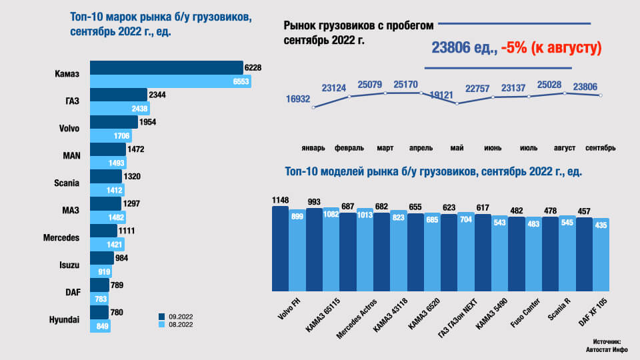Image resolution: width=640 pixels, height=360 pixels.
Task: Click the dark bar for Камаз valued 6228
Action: click(x=166, y=67)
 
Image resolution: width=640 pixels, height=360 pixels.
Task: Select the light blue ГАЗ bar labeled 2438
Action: click(x=119, y=108)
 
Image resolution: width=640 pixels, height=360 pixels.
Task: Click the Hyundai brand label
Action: click(x=64, y=320)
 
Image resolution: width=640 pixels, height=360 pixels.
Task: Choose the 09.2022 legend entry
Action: click(x=178, y=316)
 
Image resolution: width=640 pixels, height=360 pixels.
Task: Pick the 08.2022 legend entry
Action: click(x=178, y=325)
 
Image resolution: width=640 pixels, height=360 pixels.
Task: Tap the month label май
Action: click(x=456, y=147)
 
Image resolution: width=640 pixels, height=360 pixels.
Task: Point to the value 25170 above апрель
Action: click(x=406, y=85)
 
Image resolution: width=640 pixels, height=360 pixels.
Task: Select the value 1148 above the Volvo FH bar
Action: click(x=280, y=200)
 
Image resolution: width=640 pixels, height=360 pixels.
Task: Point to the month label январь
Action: click(x=313, y=147)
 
